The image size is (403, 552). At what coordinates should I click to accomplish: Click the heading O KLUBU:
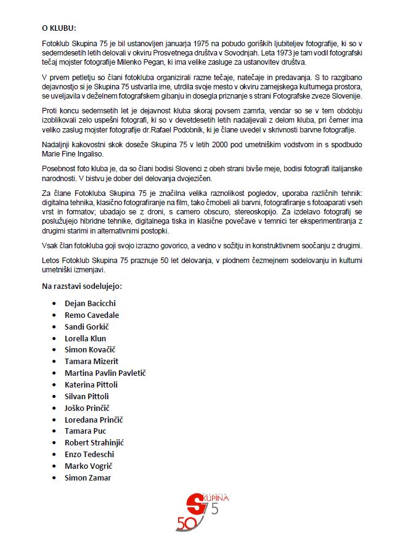59,28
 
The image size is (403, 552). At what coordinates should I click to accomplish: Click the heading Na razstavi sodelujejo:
82,287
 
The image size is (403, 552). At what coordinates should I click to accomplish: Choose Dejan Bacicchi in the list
90,303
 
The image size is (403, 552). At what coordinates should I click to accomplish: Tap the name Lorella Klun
85,338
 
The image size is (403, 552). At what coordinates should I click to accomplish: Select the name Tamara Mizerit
91,361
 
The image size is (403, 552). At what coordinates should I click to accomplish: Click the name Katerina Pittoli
91,384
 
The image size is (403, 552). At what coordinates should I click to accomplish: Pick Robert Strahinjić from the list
95,442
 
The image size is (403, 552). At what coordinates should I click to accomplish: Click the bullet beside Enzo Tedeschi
57,454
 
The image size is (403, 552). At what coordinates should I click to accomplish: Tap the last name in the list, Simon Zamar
88,477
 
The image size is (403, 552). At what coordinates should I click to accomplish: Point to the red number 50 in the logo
185,523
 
